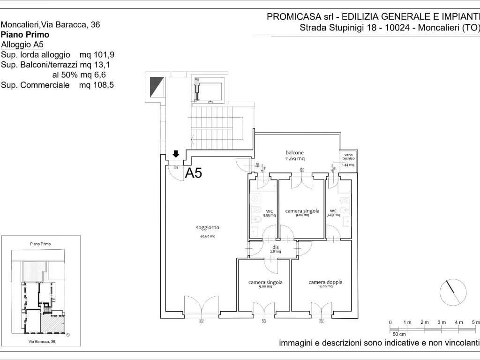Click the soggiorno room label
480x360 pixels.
pos(208,227)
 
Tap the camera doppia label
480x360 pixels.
pos(325,282)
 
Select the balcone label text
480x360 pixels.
pos(295,152)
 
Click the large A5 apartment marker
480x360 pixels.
pos(194,173)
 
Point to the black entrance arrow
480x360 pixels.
pos(176,154)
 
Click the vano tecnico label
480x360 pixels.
pos(348,157)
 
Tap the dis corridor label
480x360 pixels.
pos(276,247)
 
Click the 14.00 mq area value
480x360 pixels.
pos(325,287)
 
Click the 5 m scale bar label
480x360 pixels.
pos(475,322)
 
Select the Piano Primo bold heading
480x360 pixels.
pos(25,34)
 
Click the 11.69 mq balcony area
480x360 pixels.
pos(295,158)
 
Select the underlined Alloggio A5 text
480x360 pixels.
pos(22,45)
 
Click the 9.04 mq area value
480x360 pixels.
pos(302,216)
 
